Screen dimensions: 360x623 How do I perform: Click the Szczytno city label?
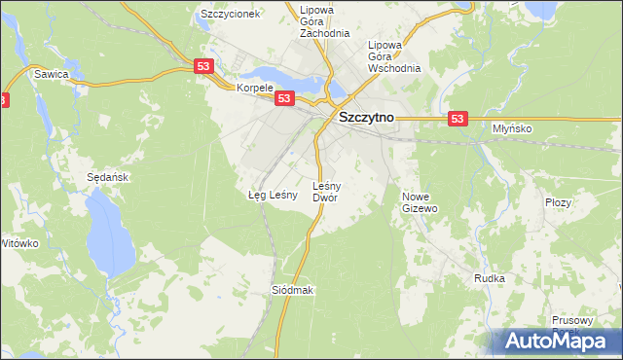click(365, 118)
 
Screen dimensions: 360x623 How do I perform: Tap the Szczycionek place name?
click(230, 15)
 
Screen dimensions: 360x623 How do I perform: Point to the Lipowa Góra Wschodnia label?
click(394, 56)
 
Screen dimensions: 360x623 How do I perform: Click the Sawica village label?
click(51, 74)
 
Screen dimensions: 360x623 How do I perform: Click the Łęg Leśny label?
click(272, 195)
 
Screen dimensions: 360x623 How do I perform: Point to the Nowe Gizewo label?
click(421, 201)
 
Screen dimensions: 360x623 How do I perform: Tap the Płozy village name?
click(558, 201)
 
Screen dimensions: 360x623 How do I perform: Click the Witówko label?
click(18, 242)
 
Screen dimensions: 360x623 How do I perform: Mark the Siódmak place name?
click(292, 290)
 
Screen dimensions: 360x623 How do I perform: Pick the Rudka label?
click(489, 278)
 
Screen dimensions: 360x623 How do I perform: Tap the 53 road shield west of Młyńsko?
click(459, 118)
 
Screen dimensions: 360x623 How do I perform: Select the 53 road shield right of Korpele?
click(284, 98)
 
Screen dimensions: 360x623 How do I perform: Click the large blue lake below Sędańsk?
click(100, 230)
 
